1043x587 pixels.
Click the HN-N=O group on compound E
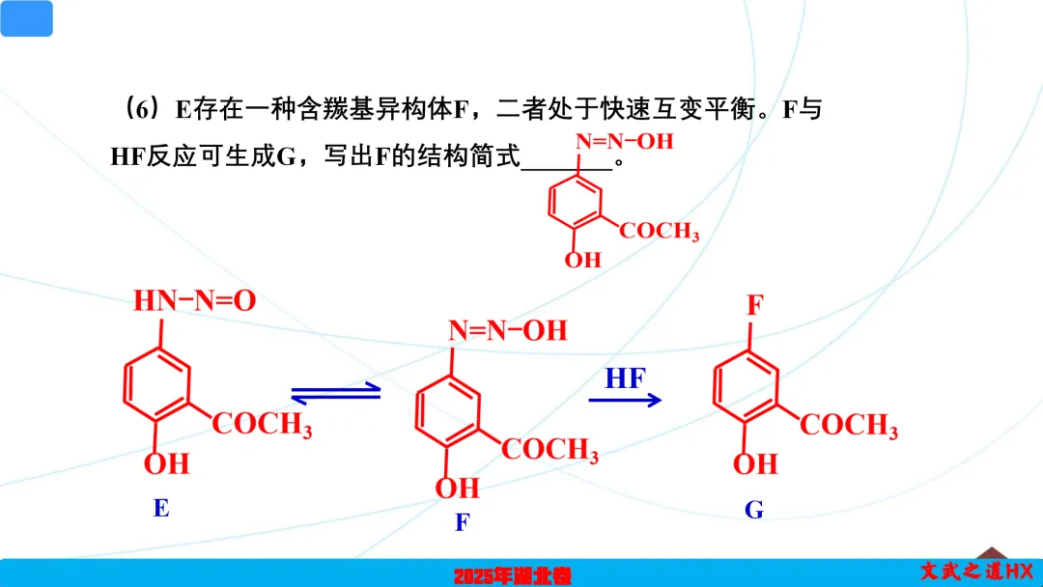[x=194, y=301]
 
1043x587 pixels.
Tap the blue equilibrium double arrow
[x=335, y=393]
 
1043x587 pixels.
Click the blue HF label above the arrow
[x=625, y=378]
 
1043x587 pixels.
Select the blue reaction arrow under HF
[x=625, y=400]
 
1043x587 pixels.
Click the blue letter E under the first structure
[x=161, y=508]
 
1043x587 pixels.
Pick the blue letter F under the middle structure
[x=463, y=522]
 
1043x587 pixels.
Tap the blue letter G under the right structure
[x=754, y=510]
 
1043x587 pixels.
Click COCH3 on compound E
[x=262, y=425]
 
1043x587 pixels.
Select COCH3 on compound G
[x=849, y=425]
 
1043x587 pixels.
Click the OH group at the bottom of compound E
[x=167, y=464]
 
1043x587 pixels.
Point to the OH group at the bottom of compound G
[x=755, y=464]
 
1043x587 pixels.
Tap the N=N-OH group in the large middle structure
[x=507, y=331]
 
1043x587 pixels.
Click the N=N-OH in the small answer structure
[x=624, y=142]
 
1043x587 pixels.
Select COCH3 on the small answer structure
[x=659, y=232]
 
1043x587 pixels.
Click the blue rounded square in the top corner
[x=27, y=18]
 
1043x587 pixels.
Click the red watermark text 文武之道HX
[x=976, y=572]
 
